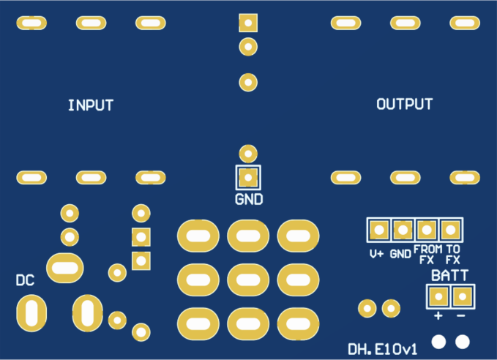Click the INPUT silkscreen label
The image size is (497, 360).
(91, 105)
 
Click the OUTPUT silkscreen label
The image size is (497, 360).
(404, 105)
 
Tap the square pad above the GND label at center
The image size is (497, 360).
(249, 177)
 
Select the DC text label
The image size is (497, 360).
(25, 280)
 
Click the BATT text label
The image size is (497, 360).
(450, 276)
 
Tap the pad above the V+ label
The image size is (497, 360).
(378, 230)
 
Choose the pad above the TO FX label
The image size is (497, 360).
(451, 230)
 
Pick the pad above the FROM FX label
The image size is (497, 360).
(427, 230)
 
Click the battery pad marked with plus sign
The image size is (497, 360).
(438, 296)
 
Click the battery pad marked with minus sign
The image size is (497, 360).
(462, 296)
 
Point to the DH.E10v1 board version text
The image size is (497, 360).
(382, 349)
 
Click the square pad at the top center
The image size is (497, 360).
(249, 23)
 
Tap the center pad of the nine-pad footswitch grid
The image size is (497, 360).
(248, 279)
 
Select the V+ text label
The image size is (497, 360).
(377, 255)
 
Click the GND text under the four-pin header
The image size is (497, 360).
(400, 255)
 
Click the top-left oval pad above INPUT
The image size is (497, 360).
(31, 23)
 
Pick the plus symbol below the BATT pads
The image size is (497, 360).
(438, 316)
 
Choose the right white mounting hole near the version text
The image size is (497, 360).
(462, 341)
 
